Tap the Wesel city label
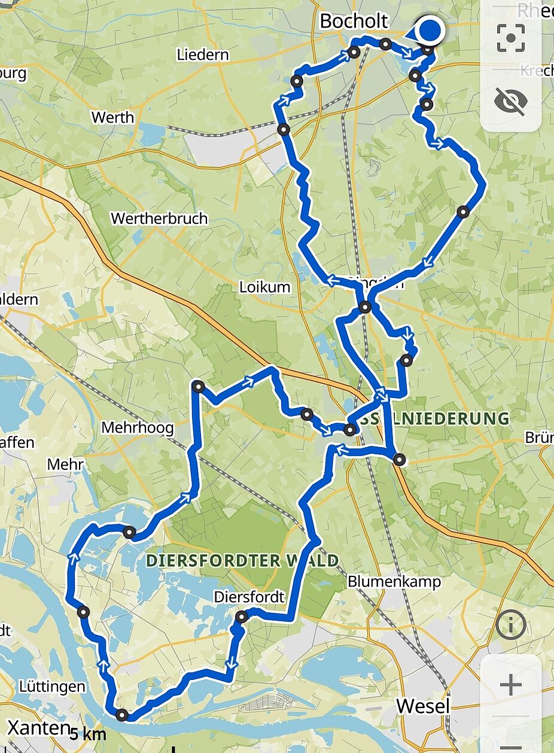[x=423, y=706]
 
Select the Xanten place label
[x=35, y=728]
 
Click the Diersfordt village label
[x=249, y=597]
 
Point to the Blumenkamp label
[x=394, y=581]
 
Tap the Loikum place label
[x=264, y=287]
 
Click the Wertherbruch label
[x=159, y=218]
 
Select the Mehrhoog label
[x=137, y=428]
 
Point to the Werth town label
[x=112, y=117]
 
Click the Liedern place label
[x=203, y=55]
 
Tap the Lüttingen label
[x=52, y=686]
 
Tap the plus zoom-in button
[x=510, y=685]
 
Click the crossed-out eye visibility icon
[x=510, y=101]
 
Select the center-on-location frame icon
[x=510, y=38]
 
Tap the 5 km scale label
[x=88, y=734]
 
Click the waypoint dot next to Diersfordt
[x=242, y=617]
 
